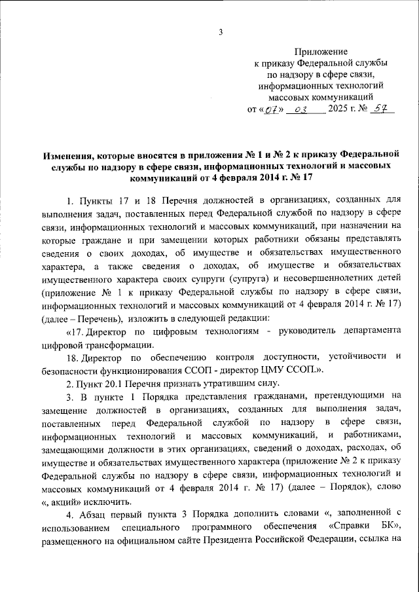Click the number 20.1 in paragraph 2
[116, 383]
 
